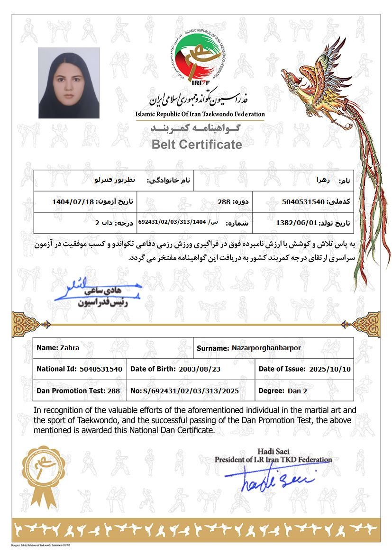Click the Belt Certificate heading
pyautogui.click(x=197, y=145)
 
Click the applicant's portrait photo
pyautogui.click(x=69, y=83)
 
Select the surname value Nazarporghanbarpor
pyautogui.click(x=266, y=348)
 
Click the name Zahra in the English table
pyautogui.click(x=70, y=347)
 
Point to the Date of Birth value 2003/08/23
pyautogui.click(x=197, y=369)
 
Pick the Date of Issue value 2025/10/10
pyautogui.click(x=330, y=369)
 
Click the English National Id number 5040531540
pyautogui.click(x=101, y=369)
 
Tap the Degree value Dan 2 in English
pyautogui.click(x=298, y=391)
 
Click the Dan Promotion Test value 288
pyautogui.click(x=114, y=391)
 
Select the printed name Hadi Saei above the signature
pyautogui.click(x=273, y=451)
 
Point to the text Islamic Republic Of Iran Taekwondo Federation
pyautogui.click(x=200, y=114)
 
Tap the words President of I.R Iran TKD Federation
pyautogui.click(x=273, y=459)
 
